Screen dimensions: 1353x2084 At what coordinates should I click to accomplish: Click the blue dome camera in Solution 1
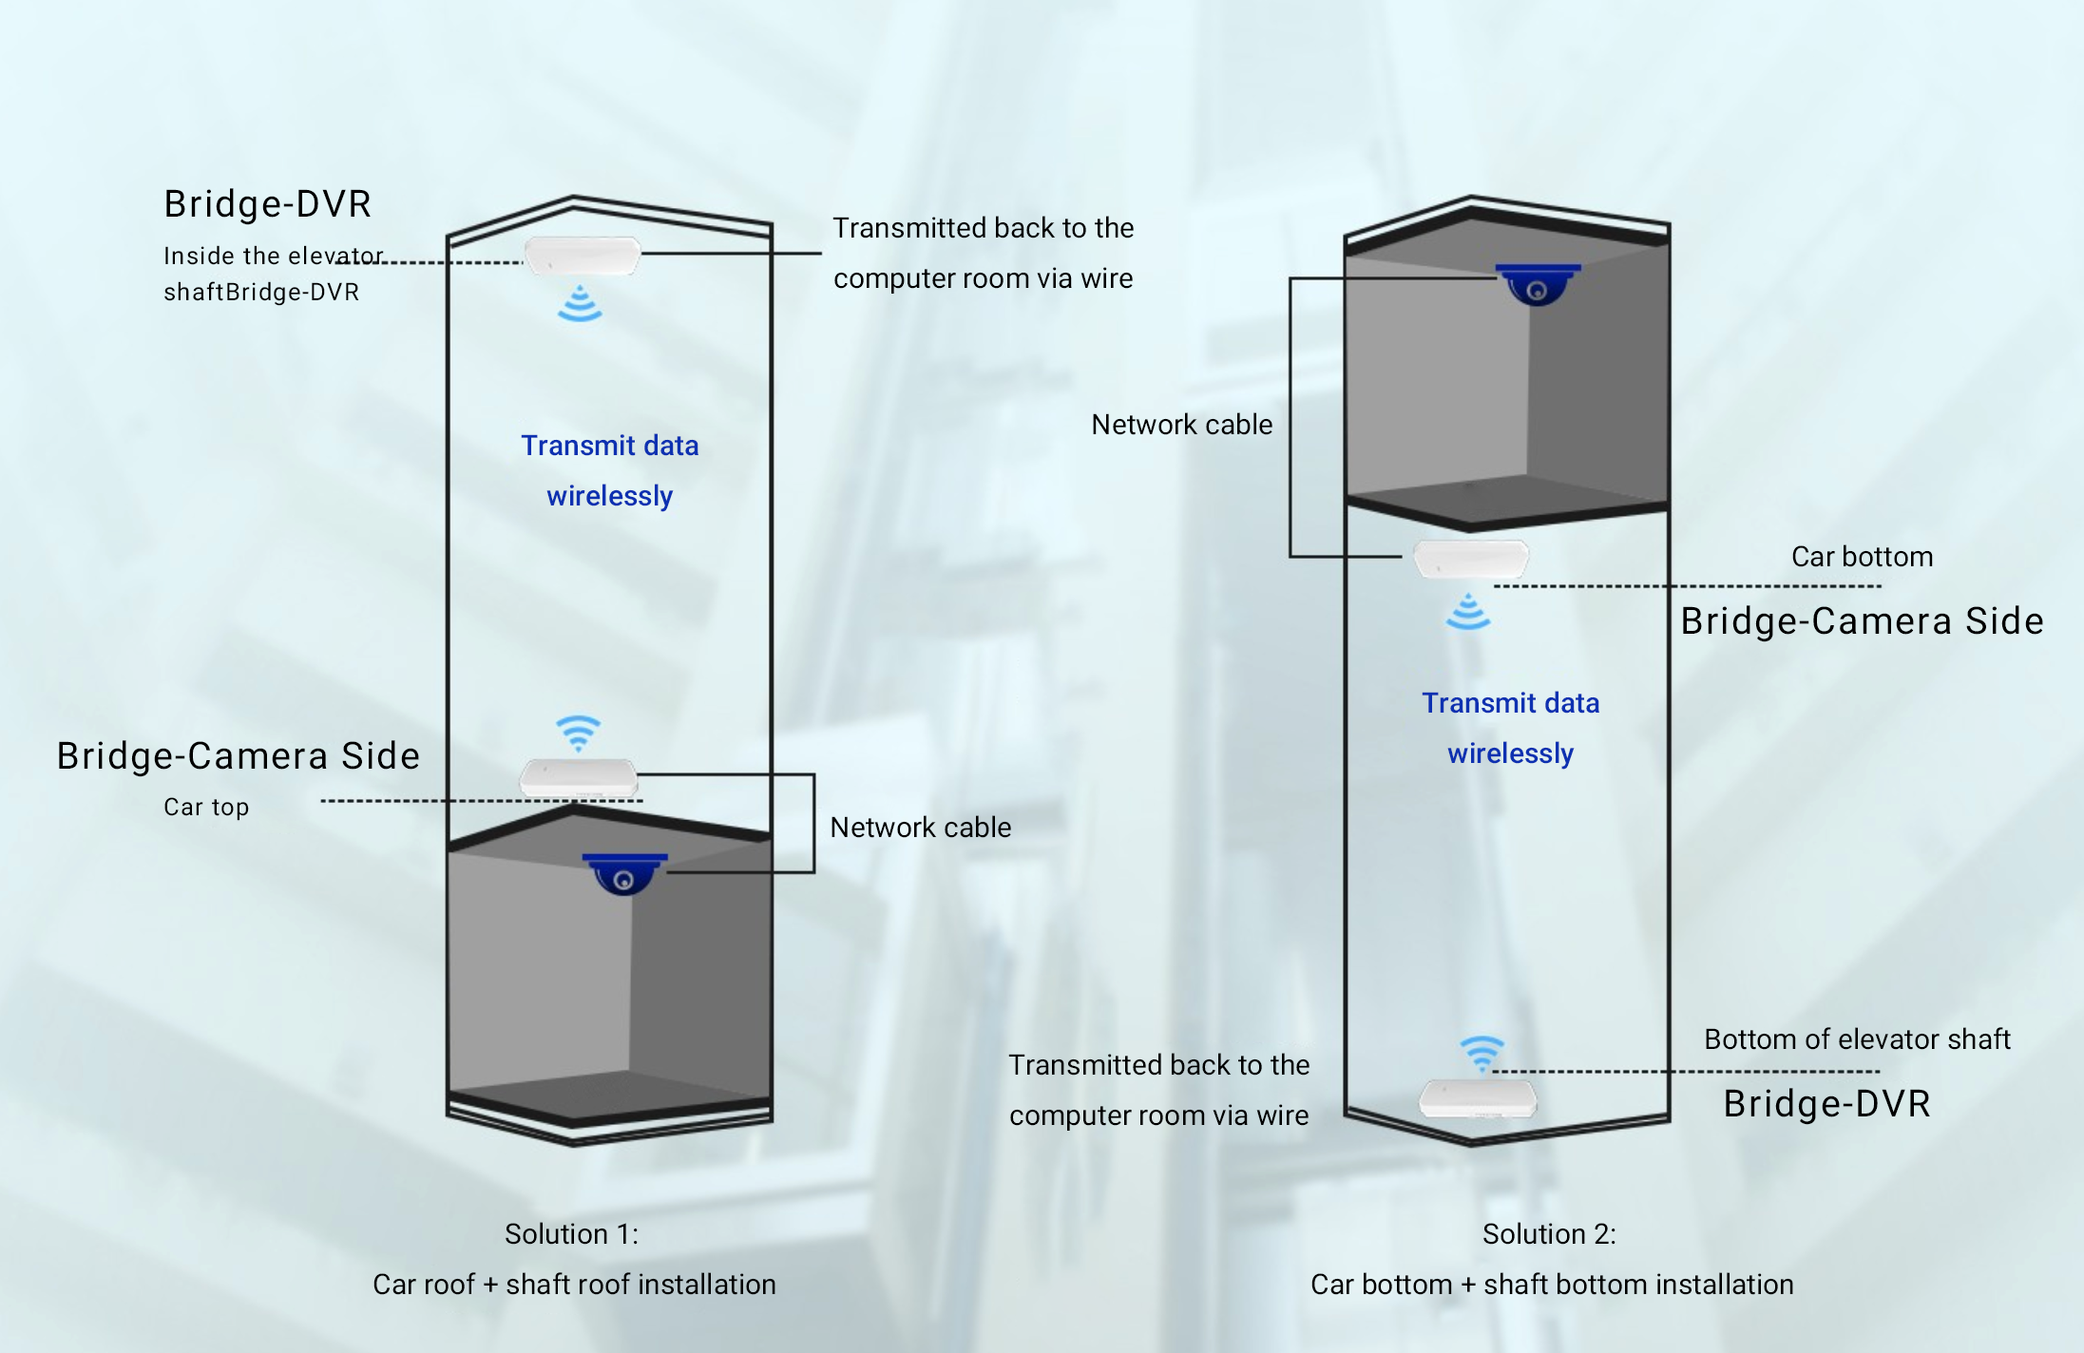coord(624,873)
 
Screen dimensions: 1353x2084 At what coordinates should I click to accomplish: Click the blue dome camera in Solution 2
coord(1538,284)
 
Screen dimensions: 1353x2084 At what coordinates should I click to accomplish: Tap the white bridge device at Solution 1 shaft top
coord(583,256)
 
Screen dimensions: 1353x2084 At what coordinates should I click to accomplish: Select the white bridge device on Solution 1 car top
coord(578,778)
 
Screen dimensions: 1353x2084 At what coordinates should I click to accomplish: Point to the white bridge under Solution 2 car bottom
coord(1471,559)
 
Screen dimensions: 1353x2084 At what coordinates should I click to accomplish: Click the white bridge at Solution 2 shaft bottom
coord(1477,1098)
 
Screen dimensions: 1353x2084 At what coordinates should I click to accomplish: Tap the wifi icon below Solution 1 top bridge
coord(580,303)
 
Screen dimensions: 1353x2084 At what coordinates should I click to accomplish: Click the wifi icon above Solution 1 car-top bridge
coord(578,734)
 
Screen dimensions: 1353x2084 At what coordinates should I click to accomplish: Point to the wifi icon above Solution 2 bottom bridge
coord(1482,1053)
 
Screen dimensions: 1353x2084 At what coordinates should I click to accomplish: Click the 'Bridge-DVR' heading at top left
coord(267,204)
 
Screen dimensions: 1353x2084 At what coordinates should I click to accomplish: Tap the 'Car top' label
coord(206,807)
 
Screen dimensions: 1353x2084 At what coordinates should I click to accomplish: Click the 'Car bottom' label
coord(1862,557)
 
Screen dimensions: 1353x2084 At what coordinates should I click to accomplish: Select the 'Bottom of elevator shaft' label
coord(1857,1039)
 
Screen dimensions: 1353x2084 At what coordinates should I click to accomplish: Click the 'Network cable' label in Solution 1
coord(920,828)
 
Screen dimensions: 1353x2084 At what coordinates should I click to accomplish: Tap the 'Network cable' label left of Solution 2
coord(1181,425)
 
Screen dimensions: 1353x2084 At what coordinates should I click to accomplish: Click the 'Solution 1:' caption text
coord(571,1234)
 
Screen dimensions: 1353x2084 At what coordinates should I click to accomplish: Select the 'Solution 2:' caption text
coord(1549,1234)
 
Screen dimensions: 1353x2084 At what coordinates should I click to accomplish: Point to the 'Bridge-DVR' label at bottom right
coord(1826,1104)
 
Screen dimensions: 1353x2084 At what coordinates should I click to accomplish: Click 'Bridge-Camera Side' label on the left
coord(238,756)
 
